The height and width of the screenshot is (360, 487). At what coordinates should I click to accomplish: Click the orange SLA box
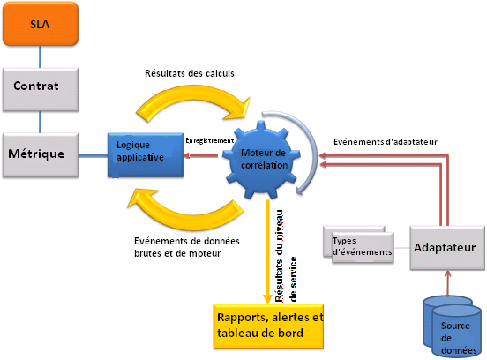41,26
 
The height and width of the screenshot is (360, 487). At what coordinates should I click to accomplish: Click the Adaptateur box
447,248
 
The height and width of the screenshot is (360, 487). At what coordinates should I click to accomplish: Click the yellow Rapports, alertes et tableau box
269,325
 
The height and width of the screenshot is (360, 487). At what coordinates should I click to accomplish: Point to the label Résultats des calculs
190,74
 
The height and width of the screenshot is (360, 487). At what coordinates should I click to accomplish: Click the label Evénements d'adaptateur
385,141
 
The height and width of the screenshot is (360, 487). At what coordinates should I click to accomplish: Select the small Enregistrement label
208,139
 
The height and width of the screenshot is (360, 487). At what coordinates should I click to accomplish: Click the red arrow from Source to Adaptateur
452,282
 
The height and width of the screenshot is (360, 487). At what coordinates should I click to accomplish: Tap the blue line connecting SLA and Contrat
41,58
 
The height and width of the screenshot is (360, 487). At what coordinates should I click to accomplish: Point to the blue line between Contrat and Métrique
41,121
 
